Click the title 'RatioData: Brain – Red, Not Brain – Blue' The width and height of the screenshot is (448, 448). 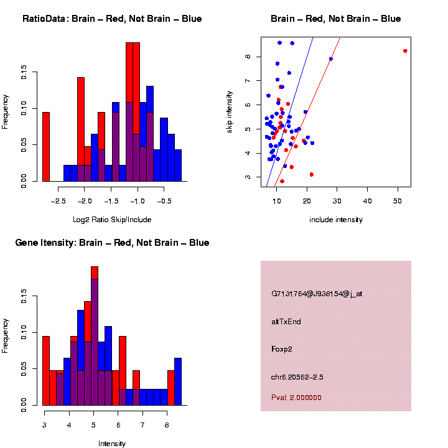click(x=112, y=19)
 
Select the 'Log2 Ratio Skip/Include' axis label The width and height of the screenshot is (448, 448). click(x=112, y=220)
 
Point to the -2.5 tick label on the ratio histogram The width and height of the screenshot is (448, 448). click(x=58, y=201)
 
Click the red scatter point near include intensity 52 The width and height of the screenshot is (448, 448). click(x=405, y=51)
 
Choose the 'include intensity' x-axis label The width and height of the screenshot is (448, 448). click(x=336, y=220)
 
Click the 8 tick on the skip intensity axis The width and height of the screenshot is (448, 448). click(x=247, y=57)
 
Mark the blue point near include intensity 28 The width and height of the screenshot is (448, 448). click(x=331, y=59)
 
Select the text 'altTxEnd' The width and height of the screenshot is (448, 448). click(x=286, y=322)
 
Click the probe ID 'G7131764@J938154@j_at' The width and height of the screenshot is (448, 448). click(x=317, y=294)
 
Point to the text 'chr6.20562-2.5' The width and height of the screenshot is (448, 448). click(x=297, y=377)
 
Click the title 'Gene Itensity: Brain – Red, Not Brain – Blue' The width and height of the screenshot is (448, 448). click(x=112, y=243)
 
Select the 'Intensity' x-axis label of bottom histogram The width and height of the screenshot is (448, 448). click(x=112, y=444)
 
